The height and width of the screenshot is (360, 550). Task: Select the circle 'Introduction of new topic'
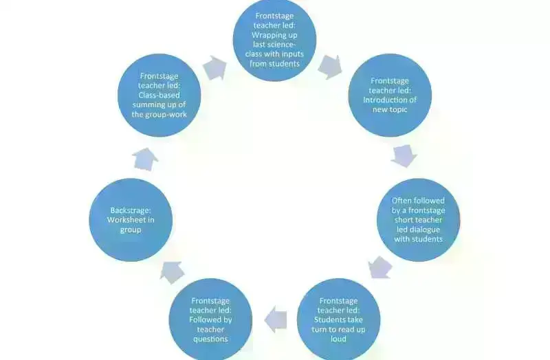tap(390, 95)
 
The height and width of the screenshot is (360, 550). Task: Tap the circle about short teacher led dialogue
tap(418, 220)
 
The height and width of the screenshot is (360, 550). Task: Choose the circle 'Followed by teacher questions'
tap(211, 319)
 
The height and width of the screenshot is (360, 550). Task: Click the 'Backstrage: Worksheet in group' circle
tap(131, 220)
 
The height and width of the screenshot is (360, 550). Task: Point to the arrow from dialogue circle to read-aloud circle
tap(379, 267)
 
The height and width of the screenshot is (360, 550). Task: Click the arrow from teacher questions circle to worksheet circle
tap(172, 272)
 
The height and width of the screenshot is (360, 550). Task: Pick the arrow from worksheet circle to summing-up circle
tap(145, 159)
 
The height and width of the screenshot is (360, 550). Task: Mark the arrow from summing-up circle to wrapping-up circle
tap(215, 67)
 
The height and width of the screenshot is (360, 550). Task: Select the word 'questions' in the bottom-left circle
tap(211, 339)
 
